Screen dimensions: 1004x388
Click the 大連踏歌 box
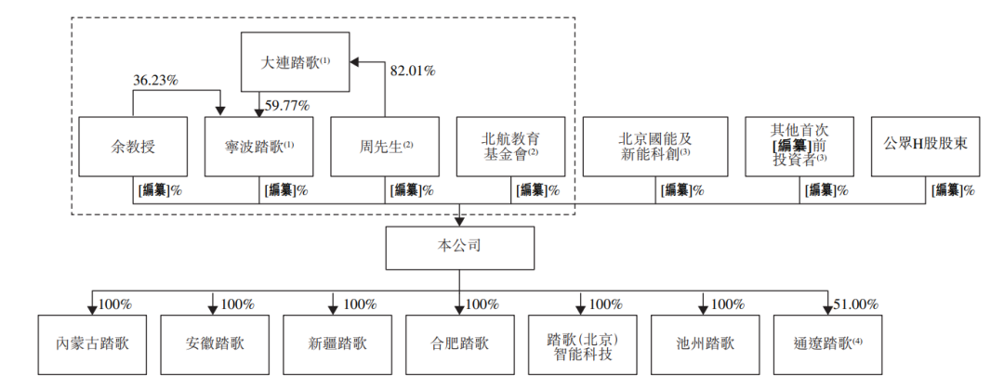(296, 62)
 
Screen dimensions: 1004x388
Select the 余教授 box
(133, 147)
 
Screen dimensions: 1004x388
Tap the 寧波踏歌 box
(258, 147)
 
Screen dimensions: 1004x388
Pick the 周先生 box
(385, 147)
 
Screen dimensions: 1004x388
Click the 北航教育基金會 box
(511, 147)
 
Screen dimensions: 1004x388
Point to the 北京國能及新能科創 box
(655, 147)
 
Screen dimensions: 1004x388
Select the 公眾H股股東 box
(925, 147)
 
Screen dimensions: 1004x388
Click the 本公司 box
(460, 248)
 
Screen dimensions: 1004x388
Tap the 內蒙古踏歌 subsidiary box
(92, 344)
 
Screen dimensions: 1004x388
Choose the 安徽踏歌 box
(215, 344)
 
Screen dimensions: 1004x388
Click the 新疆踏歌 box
(337, 344)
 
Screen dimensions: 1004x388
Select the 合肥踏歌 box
(460, 344)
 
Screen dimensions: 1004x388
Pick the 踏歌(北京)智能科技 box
(583, 344)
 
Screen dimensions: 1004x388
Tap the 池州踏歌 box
(705, 344)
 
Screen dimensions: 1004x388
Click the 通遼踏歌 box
(828, 344)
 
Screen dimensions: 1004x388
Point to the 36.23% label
(155, 81)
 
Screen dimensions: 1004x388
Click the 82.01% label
(413, 71)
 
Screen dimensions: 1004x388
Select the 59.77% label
(287, 105)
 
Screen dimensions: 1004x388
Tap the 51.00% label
(855, 304)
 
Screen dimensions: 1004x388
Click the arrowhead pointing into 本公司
(460, 222)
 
